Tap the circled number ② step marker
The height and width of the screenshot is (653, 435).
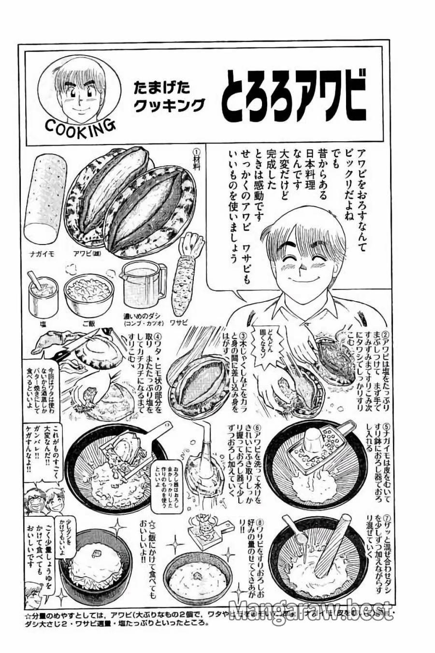point(385,334)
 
